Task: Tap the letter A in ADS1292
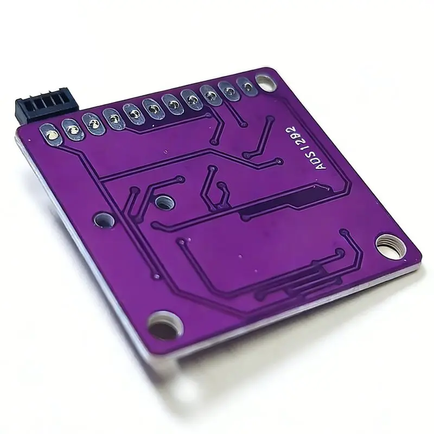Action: (x=321, y=165)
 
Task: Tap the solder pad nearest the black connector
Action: (x=51, y=135)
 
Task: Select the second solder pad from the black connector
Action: (x=73, y=130)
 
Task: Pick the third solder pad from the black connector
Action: (x=93, y=124)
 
